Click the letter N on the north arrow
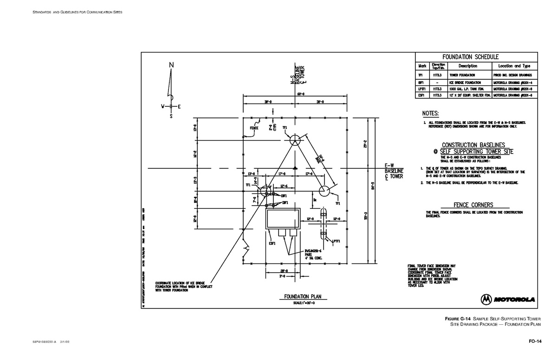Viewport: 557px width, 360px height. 171,64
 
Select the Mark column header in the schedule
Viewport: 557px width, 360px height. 422,66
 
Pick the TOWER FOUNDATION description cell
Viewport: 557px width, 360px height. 461,75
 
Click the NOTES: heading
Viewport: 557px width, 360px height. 430,113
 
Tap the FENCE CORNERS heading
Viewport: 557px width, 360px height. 473,205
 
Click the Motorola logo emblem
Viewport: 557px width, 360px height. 486,299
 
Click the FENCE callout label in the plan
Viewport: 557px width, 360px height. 253,128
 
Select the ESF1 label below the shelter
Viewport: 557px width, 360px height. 272,243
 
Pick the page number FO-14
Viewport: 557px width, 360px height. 535,342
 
